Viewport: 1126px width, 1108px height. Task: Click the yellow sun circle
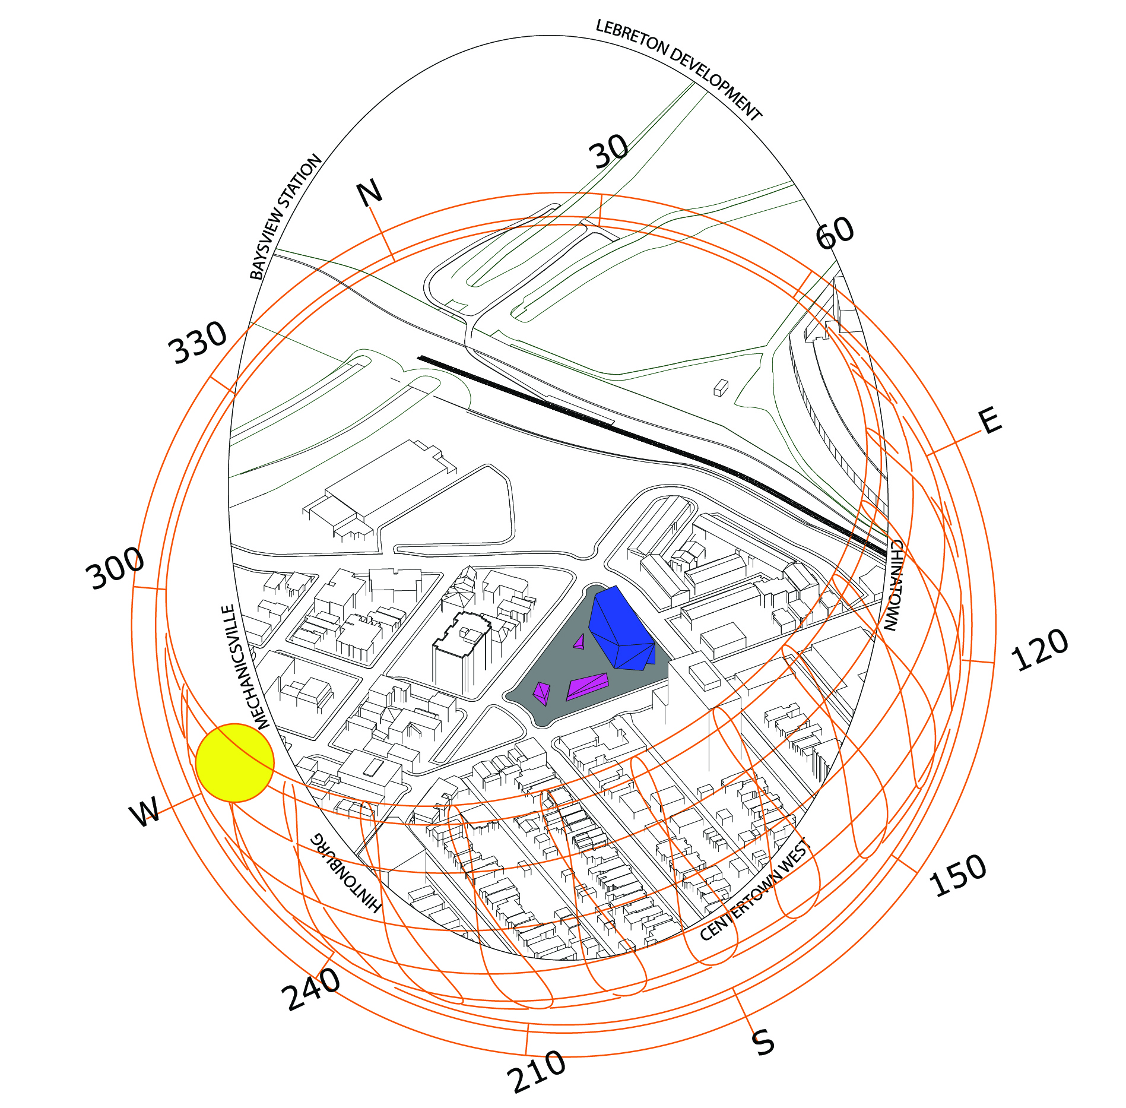point(234,763)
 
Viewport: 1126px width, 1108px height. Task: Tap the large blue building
point(621,629)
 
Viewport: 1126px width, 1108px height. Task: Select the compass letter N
point(369,193)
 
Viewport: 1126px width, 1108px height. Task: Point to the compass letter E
point(990,421)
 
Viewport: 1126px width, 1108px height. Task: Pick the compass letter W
point(145,811)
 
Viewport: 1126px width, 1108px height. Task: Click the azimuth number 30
point(609,151)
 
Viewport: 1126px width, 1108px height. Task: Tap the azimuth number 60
point(835,233)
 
